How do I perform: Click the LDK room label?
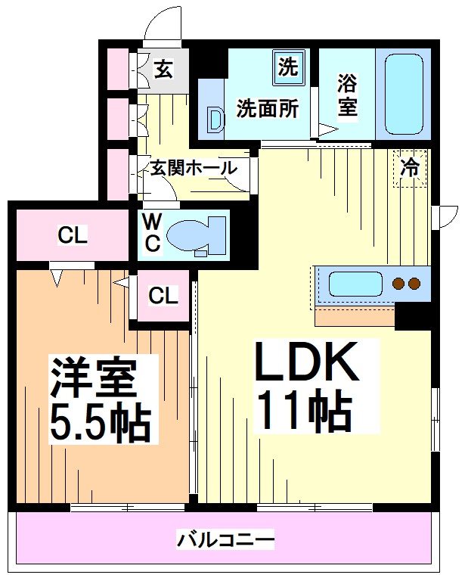[307, 363]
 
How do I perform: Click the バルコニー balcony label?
[225, 541]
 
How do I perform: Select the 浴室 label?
[347, 93]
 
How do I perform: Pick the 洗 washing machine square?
[288, 67]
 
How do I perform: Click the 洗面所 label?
[268, 108]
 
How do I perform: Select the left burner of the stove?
[398, 284]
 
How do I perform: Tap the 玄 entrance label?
[163, 70]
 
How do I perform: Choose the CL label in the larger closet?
[73, 236]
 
